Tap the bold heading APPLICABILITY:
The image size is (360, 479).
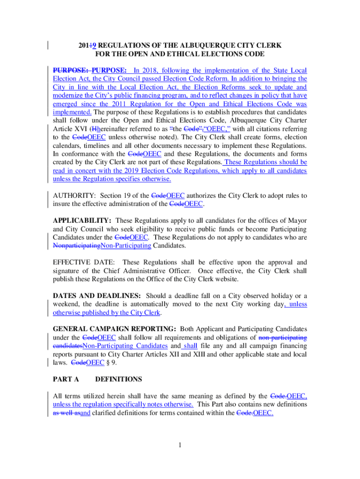[82, 220]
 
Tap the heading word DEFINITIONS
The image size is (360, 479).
[119, 379]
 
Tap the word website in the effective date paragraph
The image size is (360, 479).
[227, 279]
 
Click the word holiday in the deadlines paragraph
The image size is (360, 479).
[276, 296]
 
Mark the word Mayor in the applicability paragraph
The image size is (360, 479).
[297, 220]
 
